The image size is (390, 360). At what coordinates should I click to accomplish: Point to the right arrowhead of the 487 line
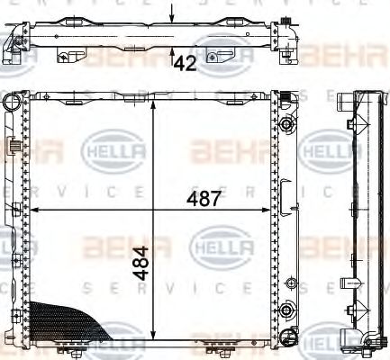pos(272,210)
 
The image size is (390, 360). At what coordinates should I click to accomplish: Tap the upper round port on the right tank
pos(287,122)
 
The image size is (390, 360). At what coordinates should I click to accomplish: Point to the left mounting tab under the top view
pos(62,58)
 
